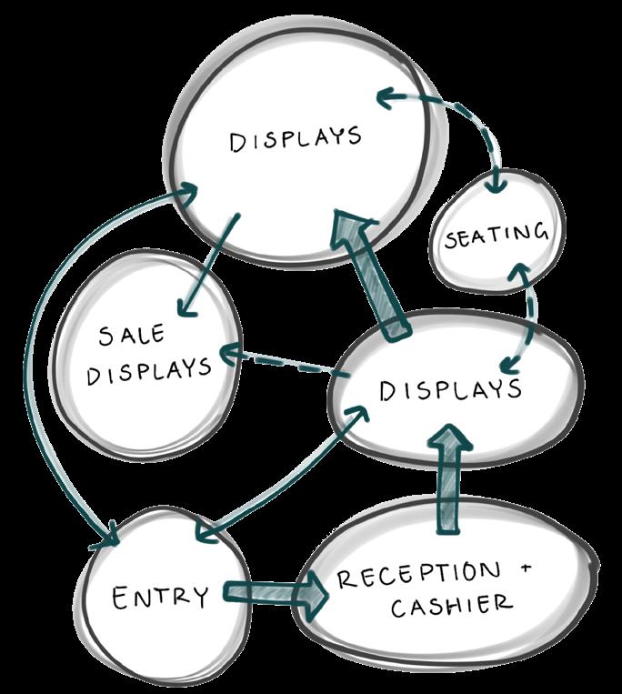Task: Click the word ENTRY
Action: coord(160,598)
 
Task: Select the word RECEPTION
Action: coord(418,575)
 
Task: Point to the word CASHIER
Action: coord(451,606)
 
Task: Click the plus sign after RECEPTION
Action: coord(526,568)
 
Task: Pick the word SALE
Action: coord(131,335)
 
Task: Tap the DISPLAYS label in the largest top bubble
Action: coord(295,138)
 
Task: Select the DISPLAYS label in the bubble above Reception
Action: coord(450,390)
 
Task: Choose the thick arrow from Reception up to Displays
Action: coord(449,479)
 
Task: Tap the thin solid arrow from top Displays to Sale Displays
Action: coord(208,266)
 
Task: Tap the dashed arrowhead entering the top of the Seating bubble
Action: coord(497,185)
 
